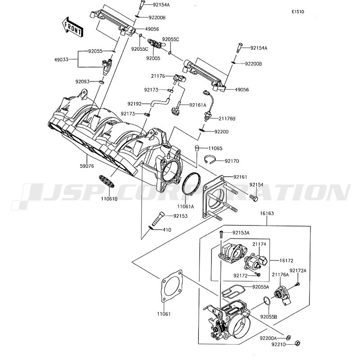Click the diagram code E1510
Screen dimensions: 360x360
(x=297, y=12)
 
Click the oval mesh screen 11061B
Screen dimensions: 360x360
(x=109, y=182)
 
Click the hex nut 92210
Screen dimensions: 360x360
(x=298, y=344)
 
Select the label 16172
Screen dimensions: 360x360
(x=286, y=261)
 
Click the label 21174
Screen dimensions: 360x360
(x=259, y=243)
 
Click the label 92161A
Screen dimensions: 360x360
(x=198, y=105)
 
